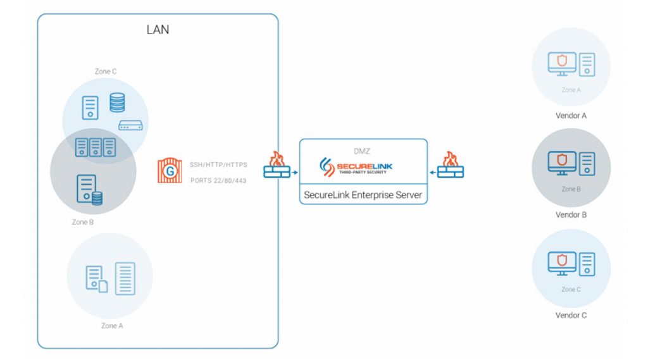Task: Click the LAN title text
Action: click(x=158, y=30)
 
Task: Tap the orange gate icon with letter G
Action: click(x=169, y=171)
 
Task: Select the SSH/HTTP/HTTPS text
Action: click(x=218, y=164)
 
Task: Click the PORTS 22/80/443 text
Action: click(x=218, y=180)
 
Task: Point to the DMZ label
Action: click(x=363, y=152)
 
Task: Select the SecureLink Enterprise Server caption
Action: click(x=363, y=196)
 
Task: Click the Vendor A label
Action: click(x=571, y=116)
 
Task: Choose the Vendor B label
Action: click(x=571, y=214)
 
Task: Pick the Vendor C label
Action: click(x=571, y=314)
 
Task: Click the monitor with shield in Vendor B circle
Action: click(x=561, y=163)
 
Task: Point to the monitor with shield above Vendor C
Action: click(x=561, y=263)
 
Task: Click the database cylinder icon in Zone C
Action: click(x=117, y=102)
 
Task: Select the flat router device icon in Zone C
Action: click(x=130, y=126)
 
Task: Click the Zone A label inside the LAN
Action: click(x=109, y=326)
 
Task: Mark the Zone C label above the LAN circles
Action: click(x=106, y=71)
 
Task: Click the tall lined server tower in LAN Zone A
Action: click(x=125, y=278)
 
